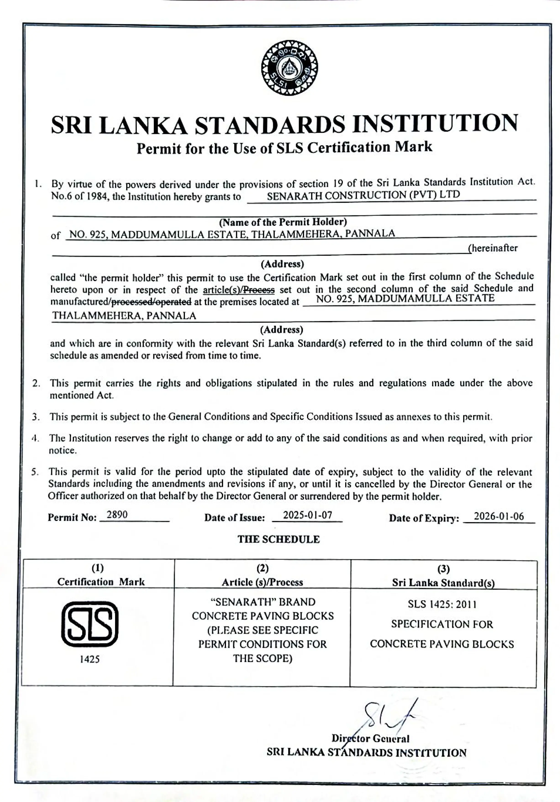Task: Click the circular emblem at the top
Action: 289,68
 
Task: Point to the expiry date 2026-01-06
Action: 499,516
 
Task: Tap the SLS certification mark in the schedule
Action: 90,624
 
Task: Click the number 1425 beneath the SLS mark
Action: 90,659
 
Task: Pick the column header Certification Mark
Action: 101,582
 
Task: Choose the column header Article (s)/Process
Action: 262,582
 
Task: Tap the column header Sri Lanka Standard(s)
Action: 443,583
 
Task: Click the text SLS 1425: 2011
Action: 442,604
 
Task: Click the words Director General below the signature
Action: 370,739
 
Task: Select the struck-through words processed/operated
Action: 151,301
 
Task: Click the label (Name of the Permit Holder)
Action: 283,222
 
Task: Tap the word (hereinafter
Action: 492,248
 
